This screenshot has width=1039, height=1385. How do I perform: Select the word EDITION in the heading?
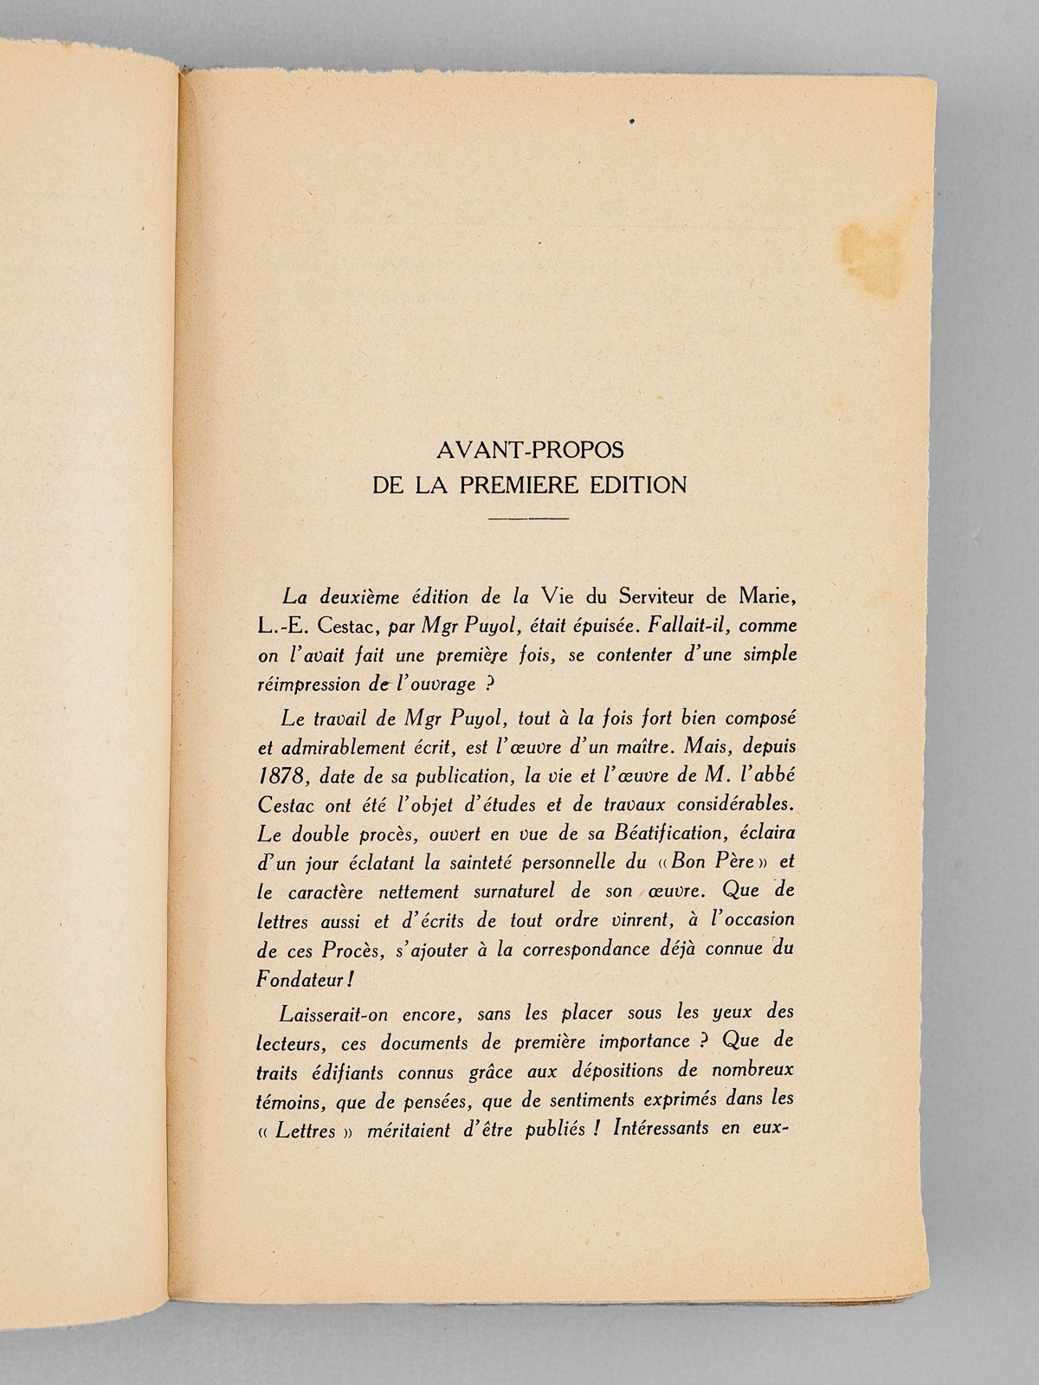(638, 485)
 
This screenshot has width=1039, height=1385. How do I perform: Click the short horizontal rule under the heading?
(529, 519)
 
